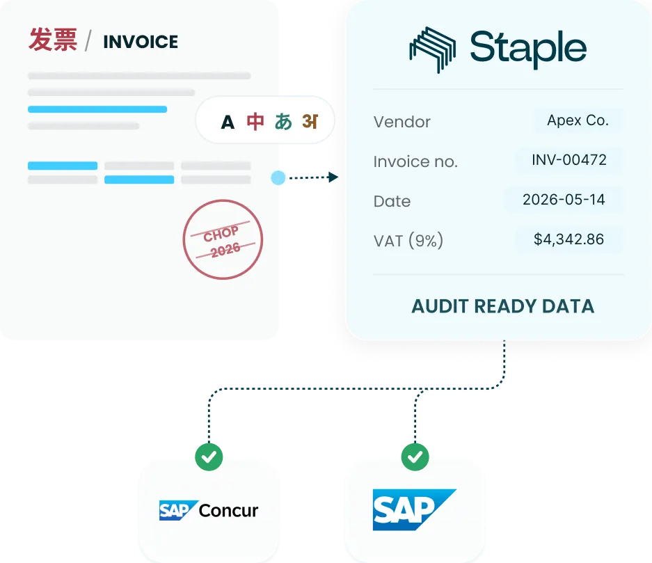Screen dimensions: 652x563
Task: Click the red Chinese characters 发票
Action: coord(53,40)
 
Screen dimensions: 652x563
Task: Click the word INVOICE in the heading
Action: coord(141,42)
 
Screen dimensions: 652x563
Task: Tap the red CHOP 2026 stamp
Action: coord(223,239)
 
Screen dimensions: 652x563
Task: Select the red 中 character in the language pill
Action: coord(255,121)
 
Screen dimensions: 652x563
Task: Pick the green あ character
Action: coord(283,121)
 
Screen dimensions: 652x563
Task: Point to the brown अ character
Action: coord(310,121)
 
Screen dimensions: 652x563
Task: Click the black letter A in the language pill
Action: coord(228,122)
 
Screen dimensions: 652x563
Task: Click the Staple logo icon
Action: coord(432,50)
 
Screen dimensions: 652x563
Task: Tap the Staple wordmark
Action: coord(528,49)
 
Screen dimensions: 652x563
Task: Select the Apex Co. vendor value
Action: coord(578,120)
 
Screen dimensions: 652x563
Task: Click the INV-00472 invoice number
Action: coord(568,159)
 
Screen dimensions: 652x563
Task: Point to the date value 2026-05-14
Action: coord(564,200)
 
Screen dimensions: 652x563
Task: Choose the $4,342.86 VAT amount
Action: coord(568,239)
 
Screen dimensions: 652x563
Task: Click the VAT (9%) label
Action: coord(408,241)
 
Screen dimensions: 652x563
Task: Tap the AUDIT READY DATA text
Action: coord(502,306)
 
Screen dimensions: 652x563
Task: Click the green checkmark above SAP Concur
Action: coord(209,457)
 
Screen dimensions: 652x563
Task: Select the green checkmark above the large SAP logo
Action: coord(415,457)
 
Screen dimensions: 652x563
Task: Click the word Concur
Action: coord(228,511)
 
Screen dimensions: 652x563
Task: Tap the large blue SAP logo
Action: coord(415,510)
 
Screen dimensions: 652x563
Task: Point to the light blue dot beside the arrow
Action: coord(278,177)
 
